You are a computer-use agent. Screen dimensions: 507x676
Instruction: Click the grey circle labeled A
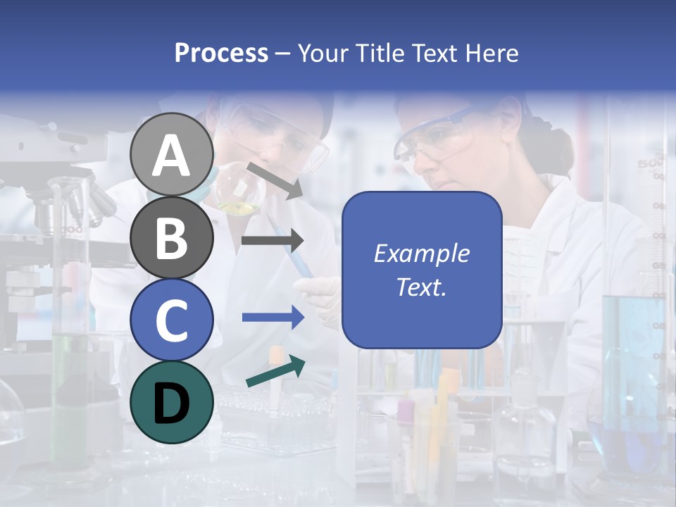(x=171, y=154)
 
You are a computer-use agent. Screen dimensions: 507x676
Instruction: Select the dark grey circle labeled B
(x=171, y=237)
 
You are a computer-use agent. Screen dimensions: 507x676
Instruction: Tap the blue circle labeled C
(x=171, y=320)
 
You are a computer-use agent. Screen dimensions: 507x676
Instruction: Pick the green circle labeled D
(x=171, y=402)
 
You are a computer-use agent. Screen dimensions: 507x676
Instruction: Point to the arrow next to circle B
(x=272, y=241)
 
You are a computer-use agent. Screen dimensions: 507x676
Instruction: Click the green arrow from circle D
(x=275, y=372)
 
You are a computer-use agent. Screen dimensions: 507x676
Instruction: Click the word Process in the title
(x=221, y=53)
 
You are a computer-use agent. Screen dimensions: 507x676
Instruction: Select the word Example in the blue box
(x=421, y=254)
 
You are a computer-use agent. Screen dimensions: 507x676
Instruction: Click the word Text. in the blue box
(x=421, y=287)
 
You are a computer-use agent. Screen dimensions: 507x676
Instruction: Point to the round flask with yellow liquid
(x=237, y=194)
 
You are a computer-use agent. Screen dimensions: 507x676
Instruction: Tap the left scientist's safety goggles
(x=282, y=137)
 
